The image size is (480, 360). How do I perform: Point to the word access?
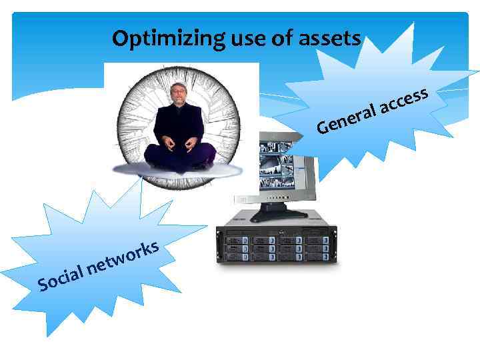click(404, 99)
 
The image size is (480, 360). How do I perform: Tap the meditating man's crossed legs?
click(179, 155)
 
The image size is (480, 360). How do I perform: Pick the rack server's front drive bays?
click(276, 247)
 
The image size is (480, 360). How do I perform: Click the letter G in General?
click(323, 125)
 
